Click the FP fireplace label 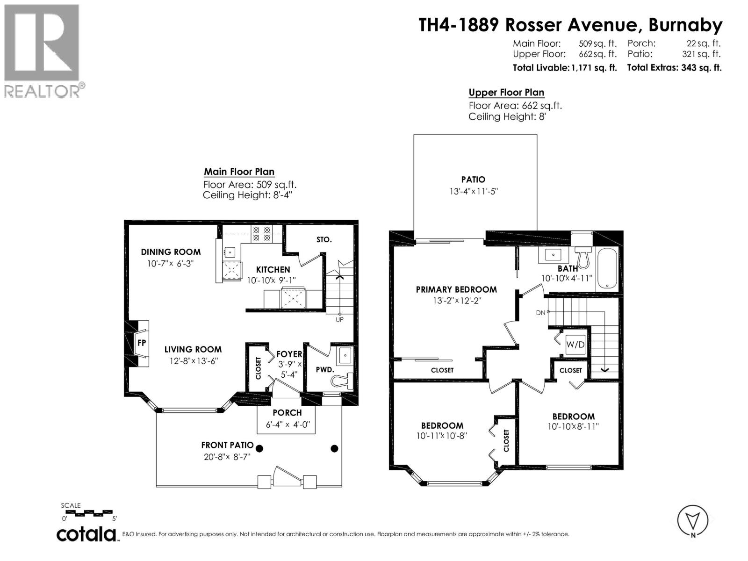click(142, 343)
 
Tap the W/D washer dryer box click(575, 345)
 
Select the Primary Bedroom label click(456, 289)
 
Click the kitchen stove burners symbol click(261, 234)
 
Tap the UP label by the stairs click(339, 320)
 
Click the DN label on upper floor click(540, 312)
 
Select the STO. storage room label click(324, 239)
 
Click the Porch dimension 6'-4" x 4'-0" click(287, 425)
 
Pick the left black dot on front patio click(259, 449)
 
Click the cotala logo click(87, 533)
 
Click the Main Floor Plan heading click(239, 172)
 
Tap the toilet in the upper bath click(583, 256)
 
